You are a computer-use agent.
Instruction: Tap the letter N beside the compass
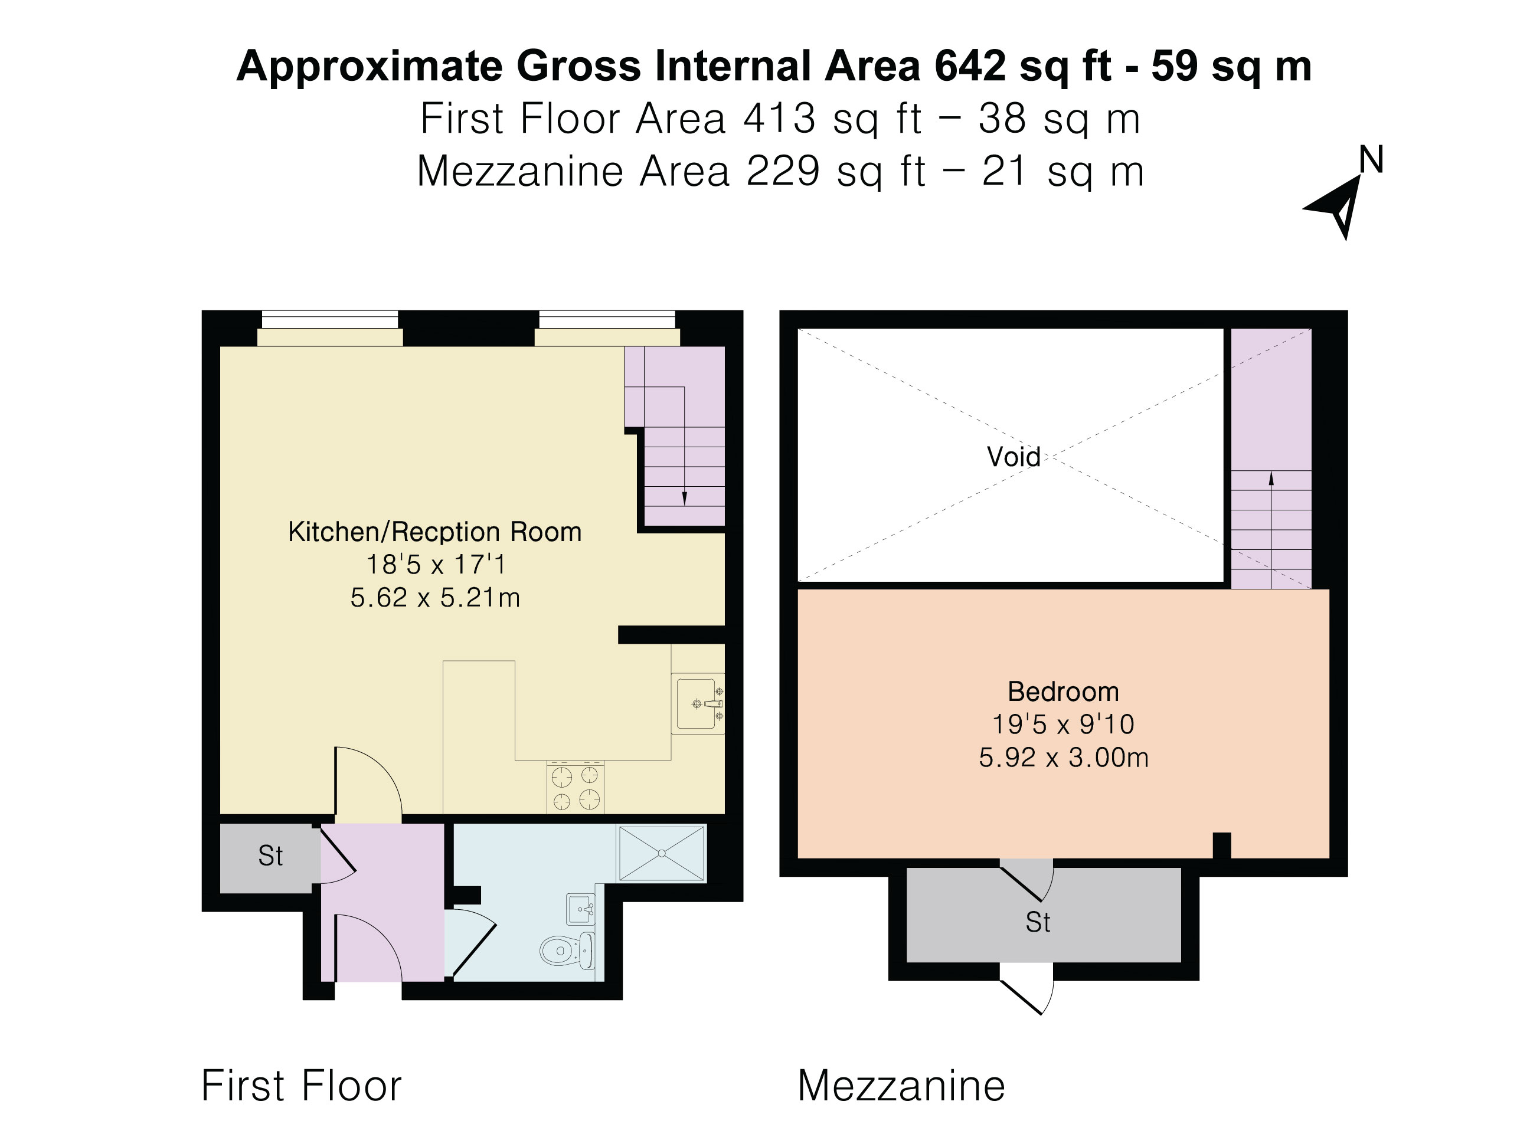(1371, 160)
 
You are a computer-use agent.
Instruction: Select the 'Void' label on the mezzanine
(1014, 456)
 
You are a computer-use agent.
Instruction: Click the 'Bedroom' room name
(1063, 692)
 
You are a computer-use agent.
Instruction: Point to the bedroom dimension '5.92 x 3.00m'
(1063, 758)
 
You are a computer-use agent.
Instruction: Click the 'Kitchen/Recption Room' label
(434, 532)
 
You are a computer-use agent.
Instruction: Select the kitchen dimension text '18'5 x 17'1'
(436, 564)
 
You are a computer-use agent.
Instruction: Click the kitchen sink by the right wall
(698, 703)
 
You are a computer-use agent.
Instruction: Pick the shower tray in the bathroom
(662, 853)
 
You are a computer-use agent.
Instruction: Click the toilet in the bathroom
(566, 951)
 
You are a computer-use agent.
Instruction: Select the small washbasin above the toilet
(580, 909)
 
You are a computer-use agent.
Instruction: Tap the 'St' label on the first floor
(270, 856)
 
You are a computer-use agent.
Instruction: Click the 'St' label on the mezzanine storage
(1038, 922)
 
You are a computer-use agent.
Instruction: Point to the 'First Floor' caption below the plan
(301, 1086)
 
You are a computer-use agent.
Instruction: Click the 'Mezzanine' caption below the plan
(901, 1086)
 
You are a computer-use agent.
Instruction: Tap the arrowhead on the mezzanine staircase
(1271, 479)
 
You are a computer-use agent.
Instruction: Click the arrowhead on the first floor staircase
(684, 499)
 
